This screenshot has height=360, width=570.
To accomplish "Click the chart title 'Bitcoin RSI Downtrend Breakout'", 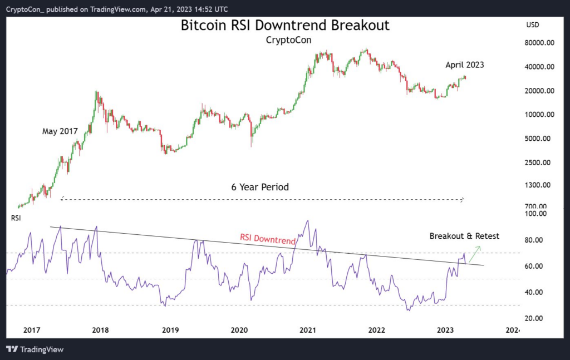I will (x=284, y=26).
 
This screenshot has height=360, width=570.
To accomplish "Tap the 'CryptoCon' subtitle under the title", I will (x=288, y=40).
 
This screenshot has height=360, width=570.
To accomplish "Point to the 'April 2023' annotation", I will (x=464, y=65).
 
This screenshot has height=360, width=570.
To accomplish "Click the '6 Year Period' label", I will (x=260, y=187).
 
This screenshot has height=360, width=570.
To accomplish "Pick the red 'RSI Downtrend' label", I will (x=267, y=238).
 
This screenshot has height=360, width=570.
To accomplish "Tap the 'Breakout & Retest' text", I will (x=464, y=236).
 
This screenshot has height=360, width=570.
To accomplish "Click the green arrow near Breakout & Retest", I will (x=474, y=253).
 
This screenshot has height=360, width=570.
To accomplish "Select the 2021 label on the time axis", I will (x=308, y=331).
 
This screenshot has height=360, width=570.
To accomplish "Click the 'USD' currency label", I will (x=533, y=26).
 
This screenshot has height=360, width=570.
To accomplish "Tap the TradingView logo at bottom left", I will (x=35, y=349).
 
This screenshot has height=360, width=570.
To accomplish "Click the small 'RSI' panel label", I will (x=16, y=218).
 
